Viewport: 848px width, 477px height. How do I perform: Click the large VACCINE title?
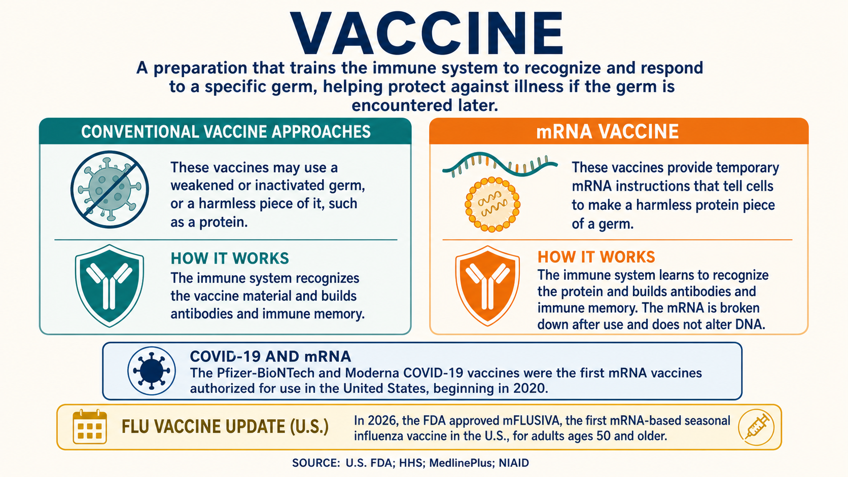click(427, 33)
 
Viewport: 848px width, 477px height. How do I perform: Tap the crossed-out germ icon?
click(110, 190)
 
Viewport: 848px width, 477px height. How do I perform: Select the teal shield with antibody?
click(110, 285)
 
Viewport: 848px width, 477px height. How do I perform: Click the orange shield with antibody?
click(487, 286)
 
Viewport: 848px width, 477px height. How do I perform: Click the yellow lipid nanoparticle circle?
click(492, 204)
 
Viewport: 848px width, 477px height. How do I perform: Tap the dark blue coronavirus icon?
click(152, 371)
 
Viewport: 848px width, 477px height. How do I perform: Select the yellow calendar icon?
click(90, 427)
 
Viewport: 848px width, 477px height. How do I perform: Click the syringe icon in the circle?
click(756, 427)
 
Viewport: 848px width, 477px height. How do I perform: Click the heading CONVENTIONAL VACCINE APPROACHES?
click(226, 132)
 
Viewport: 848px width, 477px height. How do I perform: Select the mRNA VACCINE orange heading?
click(608, 131)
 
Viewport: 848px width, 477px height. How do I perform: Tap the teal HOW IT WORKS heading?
click(230, 259)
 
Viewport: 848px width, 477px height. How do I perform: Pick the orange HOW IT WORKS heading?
click(596, 257)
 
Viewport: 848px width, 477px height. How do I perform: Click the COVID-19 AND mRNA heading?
click(270, 356)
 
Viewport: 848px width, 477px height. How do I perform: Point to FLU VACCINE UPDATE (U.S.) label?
click(225, 426)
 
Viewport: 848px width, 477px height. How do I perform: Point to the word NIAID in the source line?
click(514, 463)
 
